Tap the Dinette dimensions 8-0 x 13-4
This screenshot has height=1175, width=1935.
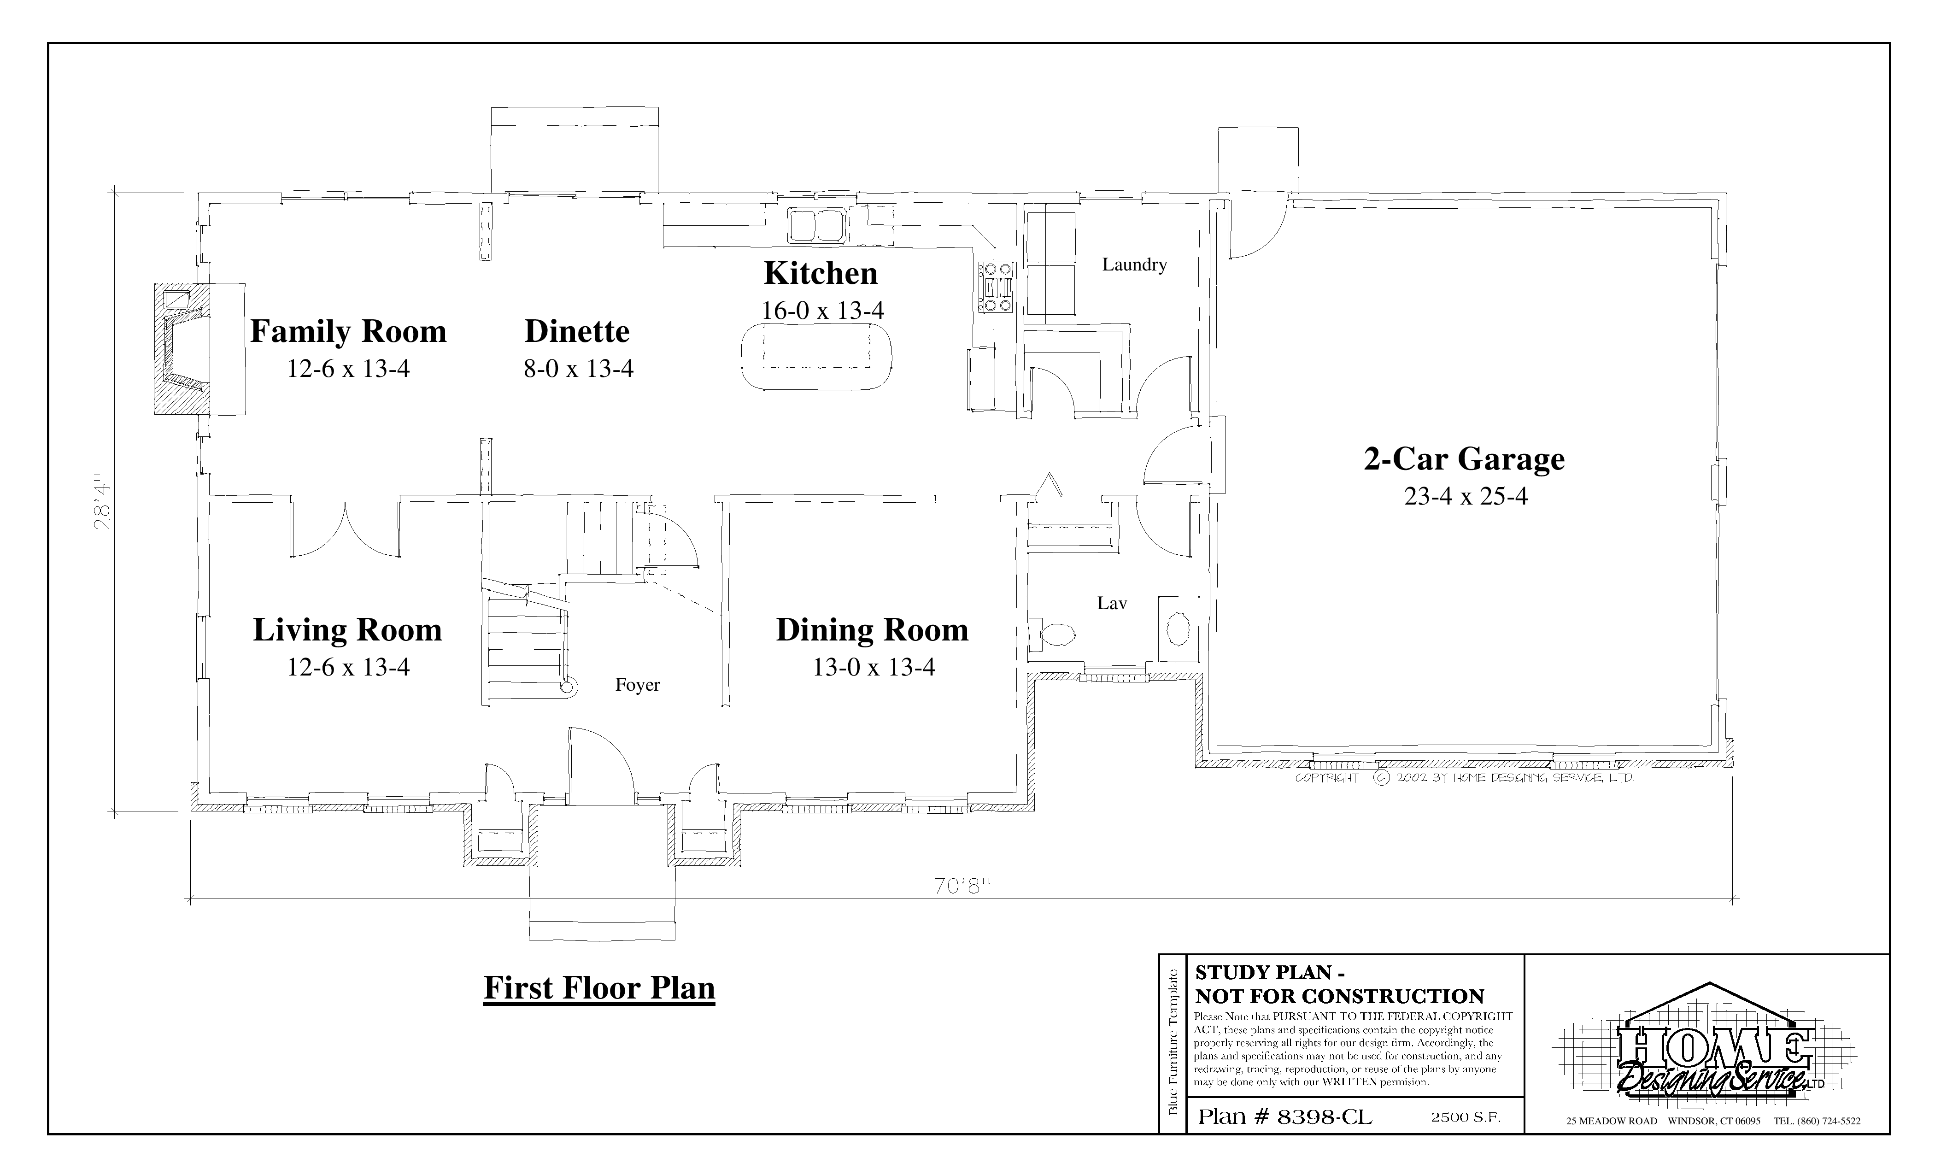point(579,368)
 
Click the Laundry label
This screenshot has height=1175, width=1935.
point(1134,264)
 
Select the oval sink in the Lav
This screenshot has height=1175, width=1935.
point(1178,629)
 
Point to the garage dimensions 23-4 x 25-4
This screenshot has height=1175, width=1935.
point(1466,496)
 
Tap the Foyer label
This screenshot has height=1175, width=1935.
point(638,685)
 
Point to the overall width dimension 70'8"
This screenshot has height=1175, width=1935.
point(963,886)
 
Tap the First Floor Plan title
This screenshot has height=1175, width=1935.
point(599,988)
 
